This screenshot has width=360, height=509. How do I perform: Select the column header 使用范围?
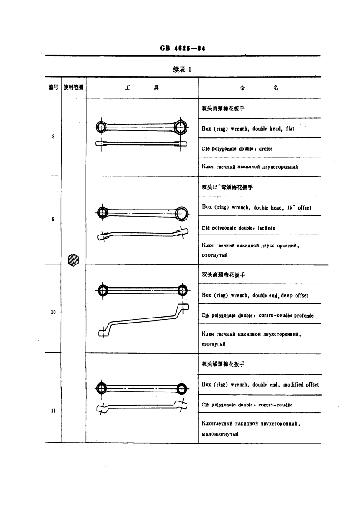tap(74, 88)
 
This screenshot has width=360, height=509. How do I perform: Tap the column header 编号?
tap(54, 88)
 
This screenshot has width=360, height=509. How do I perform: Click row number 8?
tap(54, 137)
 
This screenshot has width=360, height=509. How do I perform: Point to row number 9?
tap(54, 220)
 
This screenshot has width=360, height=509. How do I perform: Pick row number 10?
tap(53, 312)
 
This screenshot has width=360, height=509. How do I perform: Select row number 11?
tap(53, 411)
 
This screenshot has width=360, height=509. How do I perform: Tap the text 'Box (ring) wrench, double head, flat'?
tap(248, 129)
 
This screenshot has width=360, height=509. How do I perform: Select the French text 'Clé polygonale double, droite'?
tap(237, 148)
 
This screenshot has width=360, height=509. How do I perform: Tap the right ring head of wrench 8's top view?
tap(181, 127)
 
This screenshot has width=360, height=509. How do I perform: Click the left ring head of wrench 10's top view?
tap(102, 289)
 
